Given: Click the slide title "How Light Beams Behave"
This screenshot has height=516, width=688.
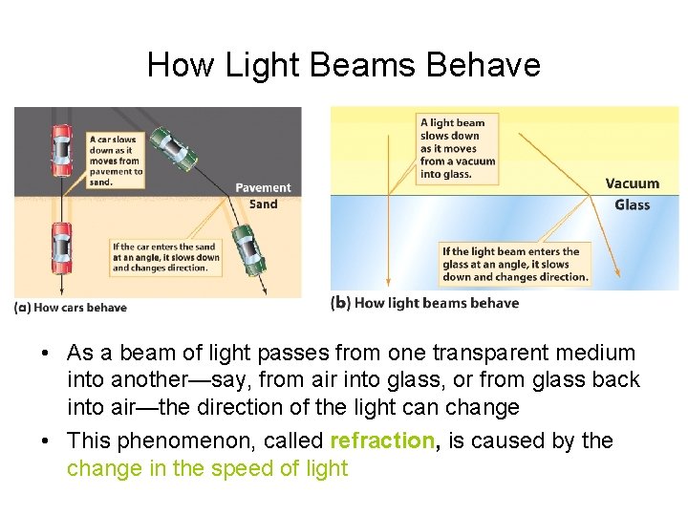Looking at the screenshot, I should [x=344, y=65].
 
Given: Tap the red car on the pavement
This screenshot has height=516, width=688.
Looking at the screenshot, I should [x=61, y=150].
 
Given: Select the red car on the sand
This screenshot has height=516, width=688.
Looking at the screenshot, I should [x=61, y=247].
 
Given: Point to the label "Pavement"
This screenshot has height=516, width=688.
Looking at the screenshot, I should [x=263, y=188].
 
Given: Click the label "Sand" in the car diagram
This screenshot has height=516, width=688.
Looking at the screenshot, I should [x=263, y=204].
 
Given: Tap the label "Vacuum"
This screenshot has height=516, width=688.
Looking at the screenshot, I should [x=632, y=183].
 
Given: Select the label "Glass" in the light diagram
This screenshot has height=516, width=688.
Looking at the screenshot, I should [x=632, y=204].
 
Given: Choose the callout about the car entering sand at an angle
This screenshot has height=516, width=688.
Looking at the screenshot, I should [x=164, y=257].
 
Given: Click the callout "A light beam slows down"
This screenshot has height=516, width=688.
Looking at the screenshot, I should [x=458, y=148].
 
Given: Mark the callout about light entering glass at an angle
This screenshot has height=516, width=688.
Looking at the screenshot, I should [x=514, y=265].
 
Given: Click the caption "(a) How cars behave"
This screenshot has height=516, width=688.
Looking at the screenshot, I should [x=71, y=307].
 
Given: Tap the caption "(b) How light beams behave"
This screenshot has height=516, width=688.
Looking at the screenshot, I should [x=424, y=303].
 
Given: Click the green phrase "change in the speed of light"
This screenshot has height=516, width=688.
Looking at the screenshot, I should [x=207, y=468].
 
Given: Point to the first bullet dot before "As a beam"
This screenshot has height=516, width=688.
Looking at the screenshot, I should [x=46, y=354].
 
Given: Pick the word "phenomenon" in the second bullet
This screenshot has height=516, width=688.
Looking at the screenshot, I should [x=187, y=441].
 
